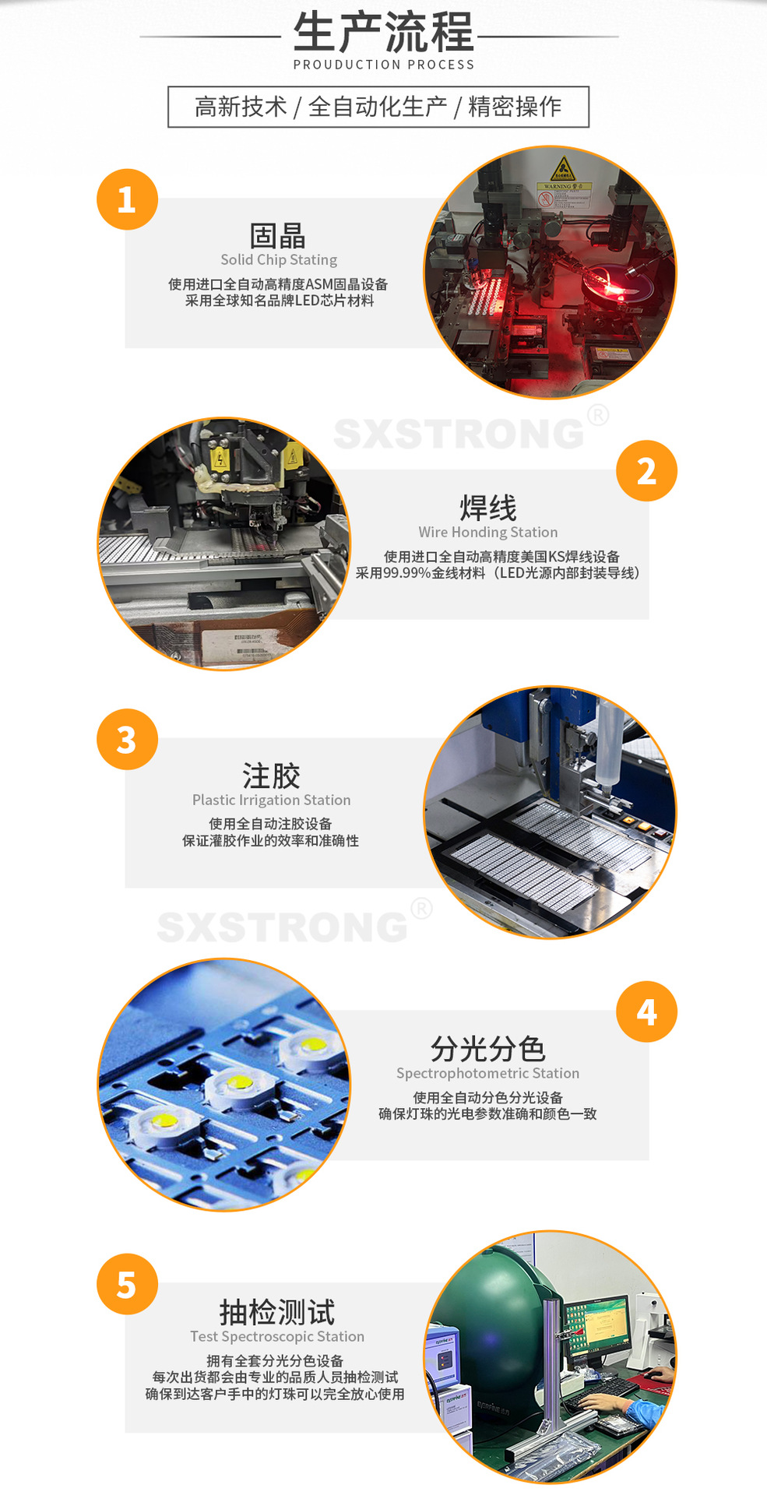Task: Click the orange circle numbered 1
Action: click(x=127, y=199)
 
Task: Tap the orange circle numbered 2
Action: click(x=646, y=471)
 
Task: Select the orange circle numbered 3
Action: click(x=127, y=740)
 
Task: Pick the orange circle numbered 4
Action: click(x=646, y=1011)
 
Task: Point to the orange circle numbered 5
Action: click(x=127, y=1284)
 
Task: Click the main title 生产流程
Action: click(x=383, y=33)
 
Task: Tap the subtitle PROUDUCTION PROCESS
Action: click(x=383, y=65)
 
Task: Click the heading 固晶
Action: click(x=278, y=235)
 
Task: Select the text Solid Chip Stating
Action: click(x=279, y=259)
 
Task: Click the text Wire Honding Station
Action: click(x=487, y=532)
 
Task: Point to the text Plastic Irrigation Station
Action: click(x=271, y=800)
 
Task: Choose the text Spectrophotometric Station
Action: click(x=487, y=1073)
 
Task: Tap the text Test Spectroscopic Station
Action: click(x=277, y=1336)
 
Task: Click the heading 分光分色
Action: click(x=487, y=1049)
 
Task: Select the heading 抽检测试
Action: click(x=277, y=1312)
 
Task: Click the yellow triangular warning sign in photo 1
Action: click(x=562, y=168)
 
